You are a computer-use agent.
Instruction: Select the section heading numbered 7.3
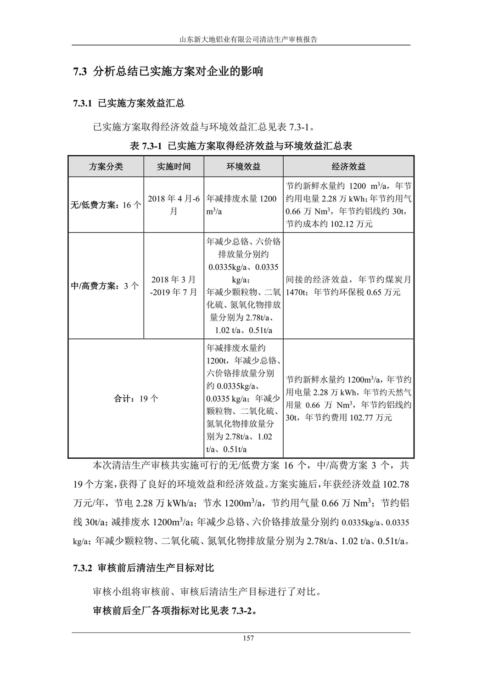click(x=168, y=72)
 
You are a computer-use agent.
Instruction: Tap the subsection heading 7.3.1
click(x=129, y=103)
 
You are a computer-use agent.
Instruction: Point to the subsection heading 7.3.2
click(x=144, y=568)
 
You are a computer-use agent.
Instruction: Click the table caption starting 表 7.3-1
click(x=241, y=146)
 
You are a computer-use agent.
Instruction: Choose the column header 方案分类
click(x=106, y=166)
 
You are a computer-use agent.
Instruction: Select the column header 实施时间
click(x=174, y=166)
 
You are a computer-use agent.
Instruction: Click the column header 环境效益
click(x=243, y=166)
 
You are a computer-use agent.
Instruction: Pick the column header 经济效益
click(x=348, y=166)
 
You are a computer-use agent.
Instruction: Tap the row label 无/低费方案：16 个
click(x=106, y=205)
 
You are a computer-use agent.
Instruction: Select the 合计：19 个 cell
click(x=136, y=399)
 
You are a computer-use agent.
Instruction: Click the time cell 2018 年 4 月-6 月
click(x=174, y=205)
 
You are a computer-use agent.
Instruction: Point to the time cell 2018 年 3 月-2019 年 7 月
click(x=174, y=286)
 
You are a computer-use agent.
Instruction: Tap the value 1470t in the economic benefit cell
click(x=297, y=293)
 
